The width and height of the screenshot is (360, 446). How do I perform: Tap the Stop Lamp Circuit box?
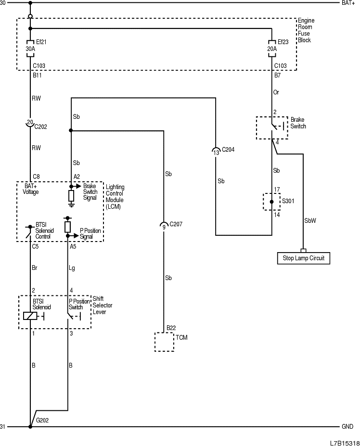click(303, 258)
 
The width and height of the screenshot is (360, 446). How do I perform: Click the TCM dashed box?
click(164, 342)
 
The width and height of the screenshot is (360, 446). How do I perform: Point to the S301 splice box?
click(271, 202)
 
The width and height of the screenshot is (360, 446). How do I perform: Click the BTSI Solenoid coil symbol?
click(30, 316)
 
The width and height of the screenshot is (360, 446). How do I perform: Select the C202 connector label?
click(40, 127)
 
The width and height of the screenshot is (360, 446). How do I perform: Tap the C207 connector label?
click(176, 224)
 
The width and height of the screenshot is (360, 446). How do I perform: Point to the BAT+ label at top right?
click(348, 3)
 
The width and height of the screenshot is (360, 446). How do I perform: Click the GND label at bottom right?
click(347, 427)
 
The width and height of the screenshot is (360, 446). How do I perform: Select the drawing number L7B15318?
click(345, 442)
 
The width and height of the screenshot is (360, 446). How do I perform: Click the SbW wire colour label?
click(310, 221)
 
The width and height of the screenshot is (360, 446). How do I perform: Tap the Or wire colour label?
click(276, 92)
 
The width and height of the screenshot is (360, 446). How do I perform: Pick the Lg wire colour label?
click(73, 268)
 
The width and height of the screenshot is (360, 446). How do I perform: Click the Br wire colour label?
click(35, 268)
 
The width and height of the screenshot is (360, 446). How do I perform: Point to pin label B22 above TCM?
click(171, 328)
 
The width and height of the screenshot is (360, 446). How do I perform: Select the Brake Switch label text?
click(298, 123)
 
